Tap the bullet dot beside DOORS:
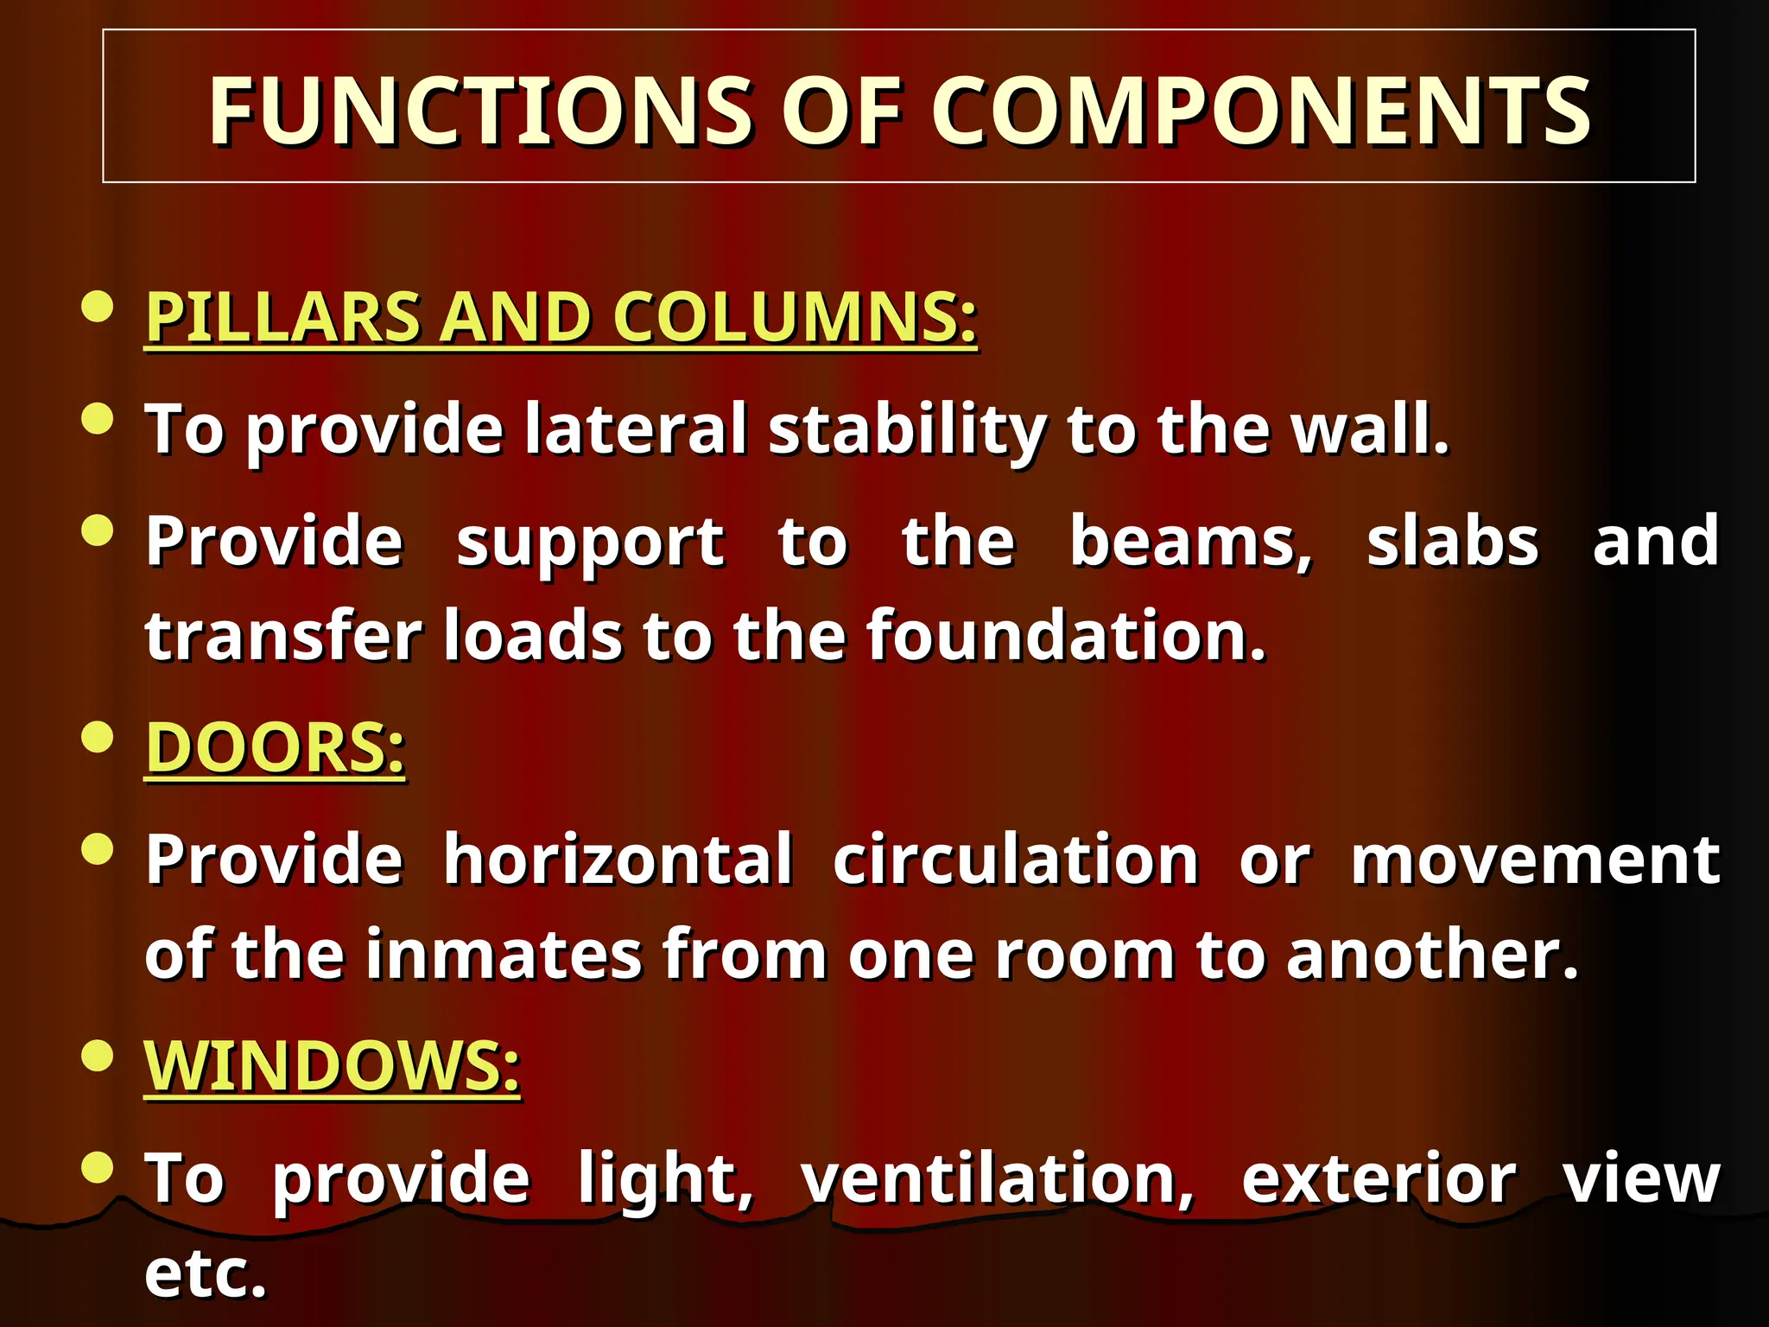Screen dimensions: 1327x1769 (98, 737)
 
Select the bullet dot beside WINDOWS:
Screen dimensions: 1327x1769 (98, 1055)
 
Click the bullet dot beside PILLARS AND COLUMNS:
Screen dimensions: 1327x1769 (98, 306)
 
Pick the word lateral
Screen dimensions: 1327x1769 (636, 429)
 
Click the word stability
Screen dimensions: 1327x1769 (907, 430)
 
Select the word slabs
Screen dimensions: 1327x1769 (1453, 542)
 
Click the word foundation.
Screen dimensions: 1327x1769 (1066, 635)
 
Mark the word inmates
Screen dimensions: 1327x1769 (504, 954)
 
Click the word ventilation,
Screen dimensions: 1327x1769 (998, 1178)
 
